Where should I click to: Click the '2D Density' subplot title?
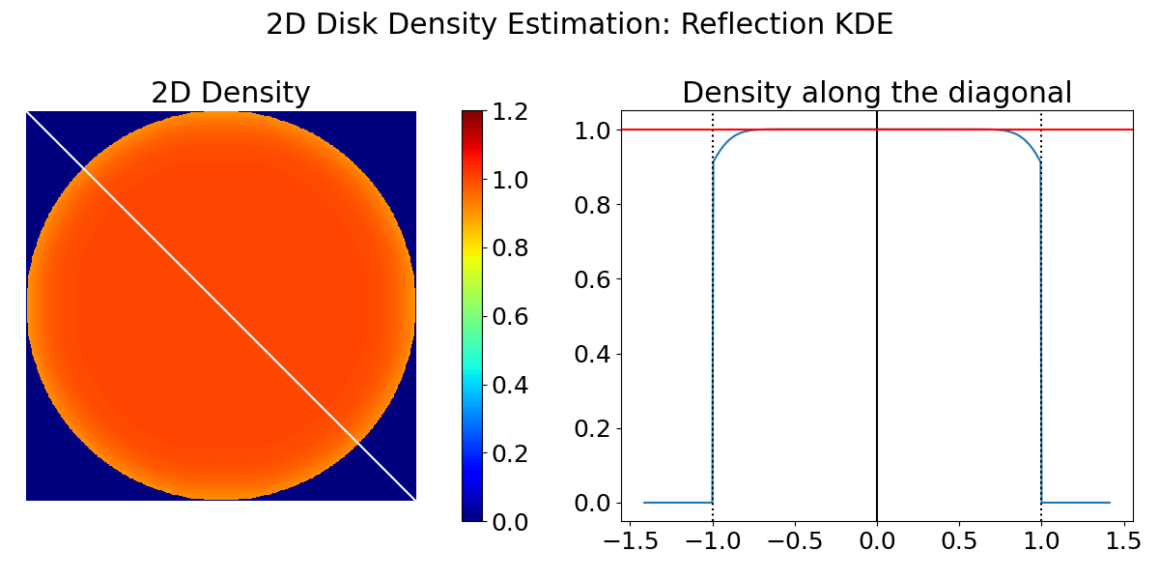[231, 93]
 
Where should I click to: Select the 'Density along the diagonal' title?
[876, 93]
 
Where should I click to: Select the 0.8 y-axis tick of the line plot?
[593, 205]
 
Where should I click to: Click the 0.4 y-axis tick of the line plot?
[593, 354]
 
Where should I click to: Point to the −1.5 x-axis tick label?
[630, 541]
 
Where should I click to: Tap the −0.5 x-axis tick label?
[794, 541]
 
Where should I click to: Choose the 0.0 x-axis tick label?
[877, 541]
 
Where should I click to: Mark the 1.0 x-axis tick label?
[1041, 541]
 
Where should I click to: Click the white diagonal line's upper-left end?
[29, 114]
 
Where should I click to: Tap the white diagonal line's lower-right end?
[413, 498]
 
